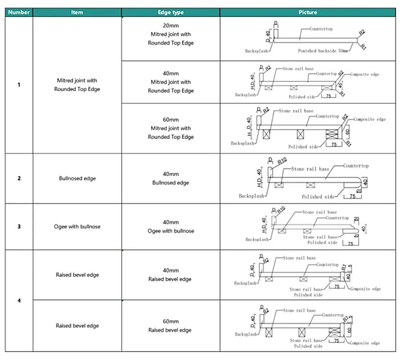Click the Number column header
pyautogui.click(x=19, y=12)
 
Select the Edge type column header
pyautogui.click(x=171, y=12)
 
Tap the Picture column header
pyautogui.click(x=308, y=12)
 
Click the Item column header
pyautogui.click(x=77, y=12)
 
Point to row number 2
pyautogui.click(x=19, y=178)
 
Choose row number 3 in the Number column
pyautogui.click(x=19, y=227)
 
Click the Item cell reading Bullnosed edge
pyautogui.click(x=77, y=178)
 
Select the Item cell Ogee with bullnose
pyautogui.click(x=77, y=227)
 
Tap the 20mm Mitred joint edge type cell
pyautogui.click(x=171, y=34)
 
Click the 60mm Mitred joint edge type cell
pyautogui.click(x=171, y=128)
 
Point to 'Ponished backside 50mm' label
pyautogui.click(x=323, y=51)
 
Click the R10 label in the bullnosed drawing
pyautogui.click(x=282, y=162)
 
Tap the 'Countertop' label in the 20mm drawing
pyautogui.click(x=321, y=29)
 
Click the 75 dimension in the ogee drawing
pyautogui.click(x=351, y=244)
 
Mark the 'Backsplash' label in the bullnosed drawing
pyautogui.click(x=251, y=196)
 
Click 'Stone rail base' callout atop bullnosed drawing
pyautogui.click(x=310, y=169)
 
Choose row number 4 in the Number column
pyautogui.click(x=19, y=300)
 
